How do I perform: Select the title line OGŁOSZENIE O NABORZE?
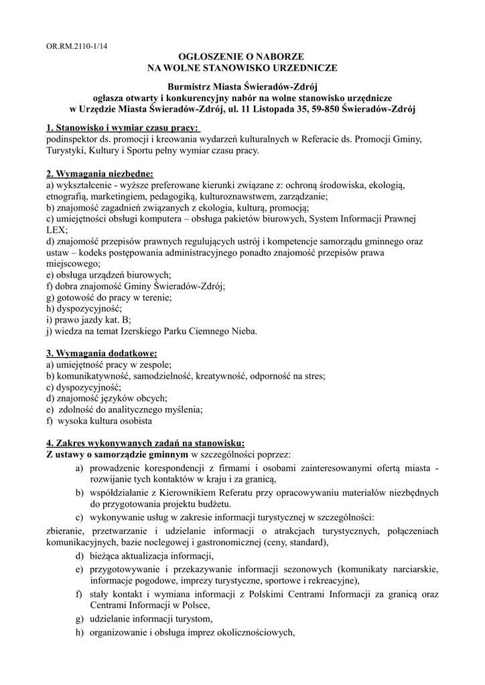[242, 58]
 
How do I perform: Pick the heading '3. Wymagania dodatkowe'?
[101, 353]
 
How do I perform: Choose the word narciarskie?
[415, 569]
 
